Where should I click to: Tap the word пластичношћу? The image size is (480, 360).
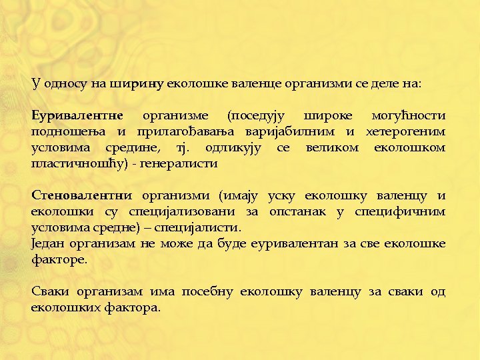tap(79, 163)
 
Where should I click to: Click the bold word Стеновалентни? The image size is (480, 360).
tap(82, 196)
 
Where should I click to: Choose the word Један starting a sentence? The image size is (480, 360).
tap(47, 244)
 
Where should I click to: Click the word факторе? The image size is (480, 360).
tap(59, 260)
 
